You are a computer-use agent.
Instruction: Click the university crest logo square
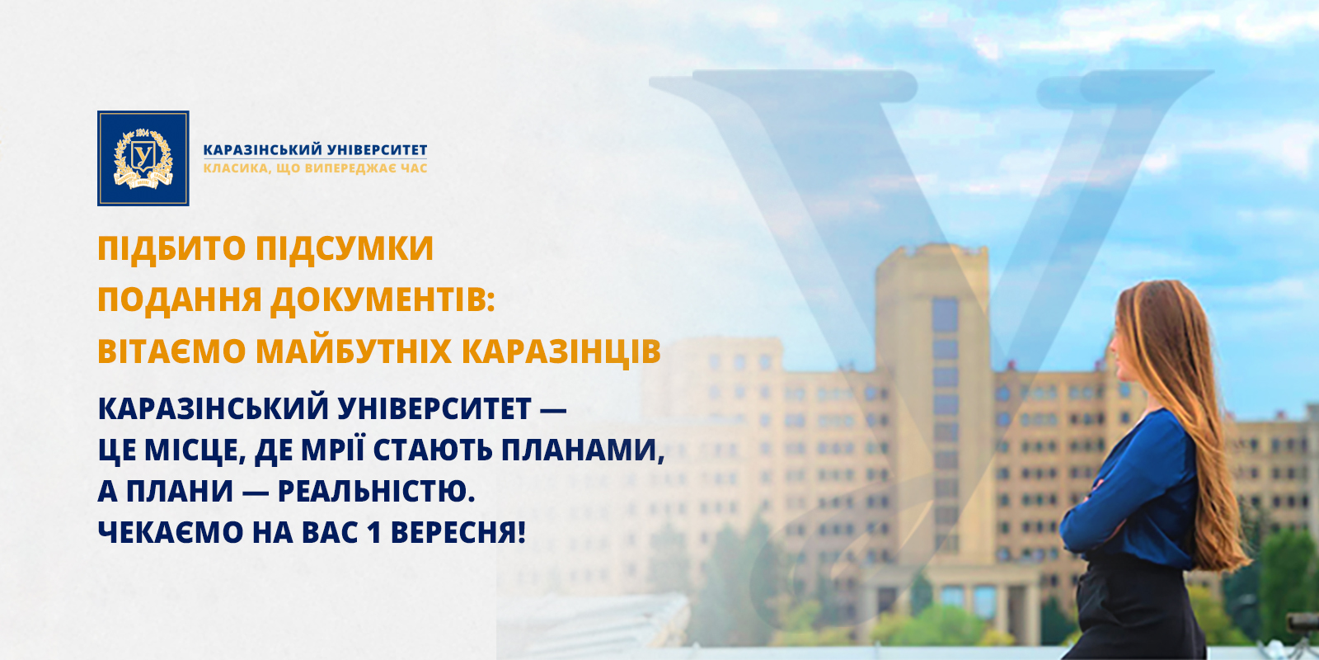[x=143, y=158]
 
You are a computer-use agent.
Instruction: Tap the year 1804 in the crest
[x=143, y=133]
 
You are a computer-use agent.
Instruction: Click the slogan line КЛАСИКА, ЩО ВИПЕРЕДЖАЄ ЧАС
[x=315, y=168]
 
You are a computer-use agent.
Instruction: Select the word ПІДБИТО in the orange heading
[x=171, y=248]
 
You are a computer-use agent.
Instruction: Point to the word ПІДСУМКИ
[x=345, y=248]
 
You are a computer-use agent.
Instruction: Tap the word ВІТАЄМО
[x=171, y=351]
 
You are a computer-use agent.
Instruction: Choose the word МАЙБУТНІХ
[x=354, y=351]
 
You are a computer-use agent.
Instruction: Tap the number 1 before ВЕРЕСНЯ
[x=373, y=533]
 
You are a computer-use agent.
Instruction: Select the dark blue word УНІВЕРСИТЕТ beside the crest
[x=377, y=149]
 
